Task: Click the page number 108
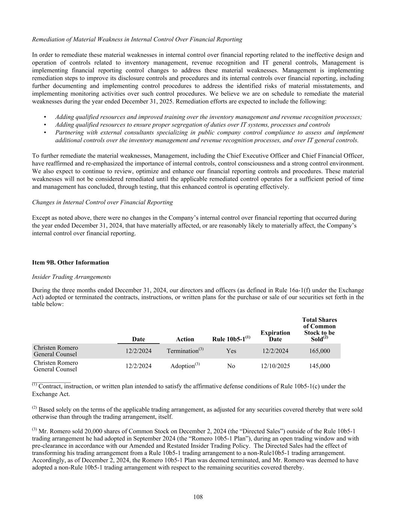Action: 198,497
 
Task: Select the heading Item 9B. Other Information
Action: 71,263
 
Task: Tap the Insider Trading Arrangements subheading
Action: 71,277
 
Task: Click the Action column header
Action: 185,339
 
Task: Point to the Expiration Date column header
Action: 275,336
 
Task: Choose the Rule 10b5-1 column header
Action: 231,339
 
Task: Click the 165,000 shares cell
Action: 319,351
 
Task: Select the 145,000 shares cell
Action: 319,366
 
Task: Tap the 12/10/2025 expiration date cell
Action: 275,366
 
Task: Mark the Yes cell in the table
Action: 231,351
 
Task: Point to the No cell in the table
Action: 231,366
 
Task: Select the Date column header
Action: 139,339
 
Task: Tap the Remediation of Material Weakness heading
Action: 137,39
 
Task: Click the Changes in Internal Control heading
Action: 102,202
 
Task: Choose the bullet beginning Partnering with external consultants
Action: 209,137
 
